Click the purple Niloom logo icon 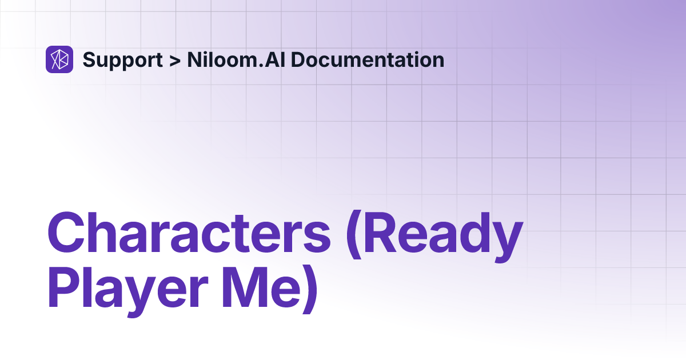click(x=59, y=59)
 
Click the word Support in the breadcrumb click(x=122, y=60)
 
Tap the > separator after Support click(x=174, y=60)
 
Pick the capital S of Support click(x=89, y=60)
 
